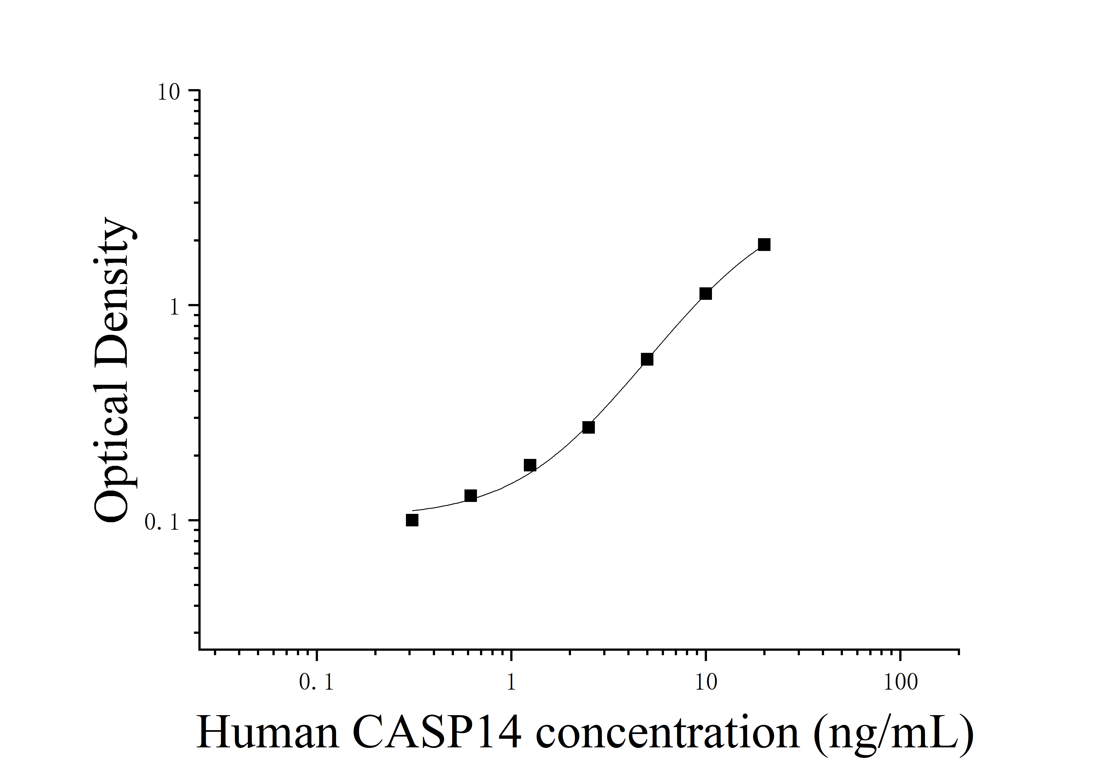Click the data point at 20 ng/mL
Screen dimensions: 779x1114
[x=764, y=244]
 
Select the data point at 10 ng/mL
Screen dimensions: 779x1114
[x=706, y=294]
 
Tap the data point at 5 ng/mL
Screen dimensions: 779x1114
[x=647, y=359]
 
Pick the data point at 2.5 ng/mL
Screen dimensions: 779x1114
[x=588, y=427]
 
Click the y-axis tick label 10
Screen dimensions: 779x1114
[x=168, y=92]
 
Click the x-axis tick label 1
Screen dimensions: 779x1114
[x=511, y=683]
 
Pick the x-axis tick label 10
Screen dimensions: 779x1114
[x=706, y=683]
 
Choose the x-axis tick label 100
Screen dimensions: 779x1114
[x=900, y=683]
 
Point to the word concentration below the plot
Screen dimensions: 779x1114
[x=667, y=733]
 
